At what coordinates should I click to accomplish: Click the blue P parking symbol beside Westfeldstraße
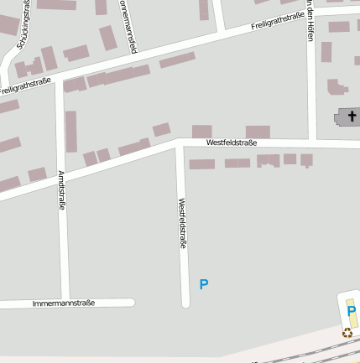pos(204,285)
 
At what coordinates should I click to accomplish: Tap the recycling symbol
pos(347,333)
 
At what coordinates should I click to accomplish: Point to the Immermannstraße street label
pos(63,303)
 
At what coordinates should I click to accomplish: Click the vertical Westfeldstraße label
pos(182,223)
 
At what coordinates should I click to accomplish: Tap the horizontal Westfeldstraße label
pos(231,143)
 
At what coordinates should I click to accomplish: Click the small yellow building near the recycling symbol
pos(352,319)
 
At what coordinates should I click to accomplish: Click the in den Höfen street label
pos(310,20)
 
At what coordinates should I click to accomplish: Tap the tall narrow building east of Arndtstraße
pos(71,131)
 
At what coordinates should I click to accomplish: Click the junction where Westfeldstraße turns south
pos(180,145)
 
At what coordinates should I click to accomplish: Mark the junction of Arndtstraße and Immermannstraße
pos(65,303)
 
